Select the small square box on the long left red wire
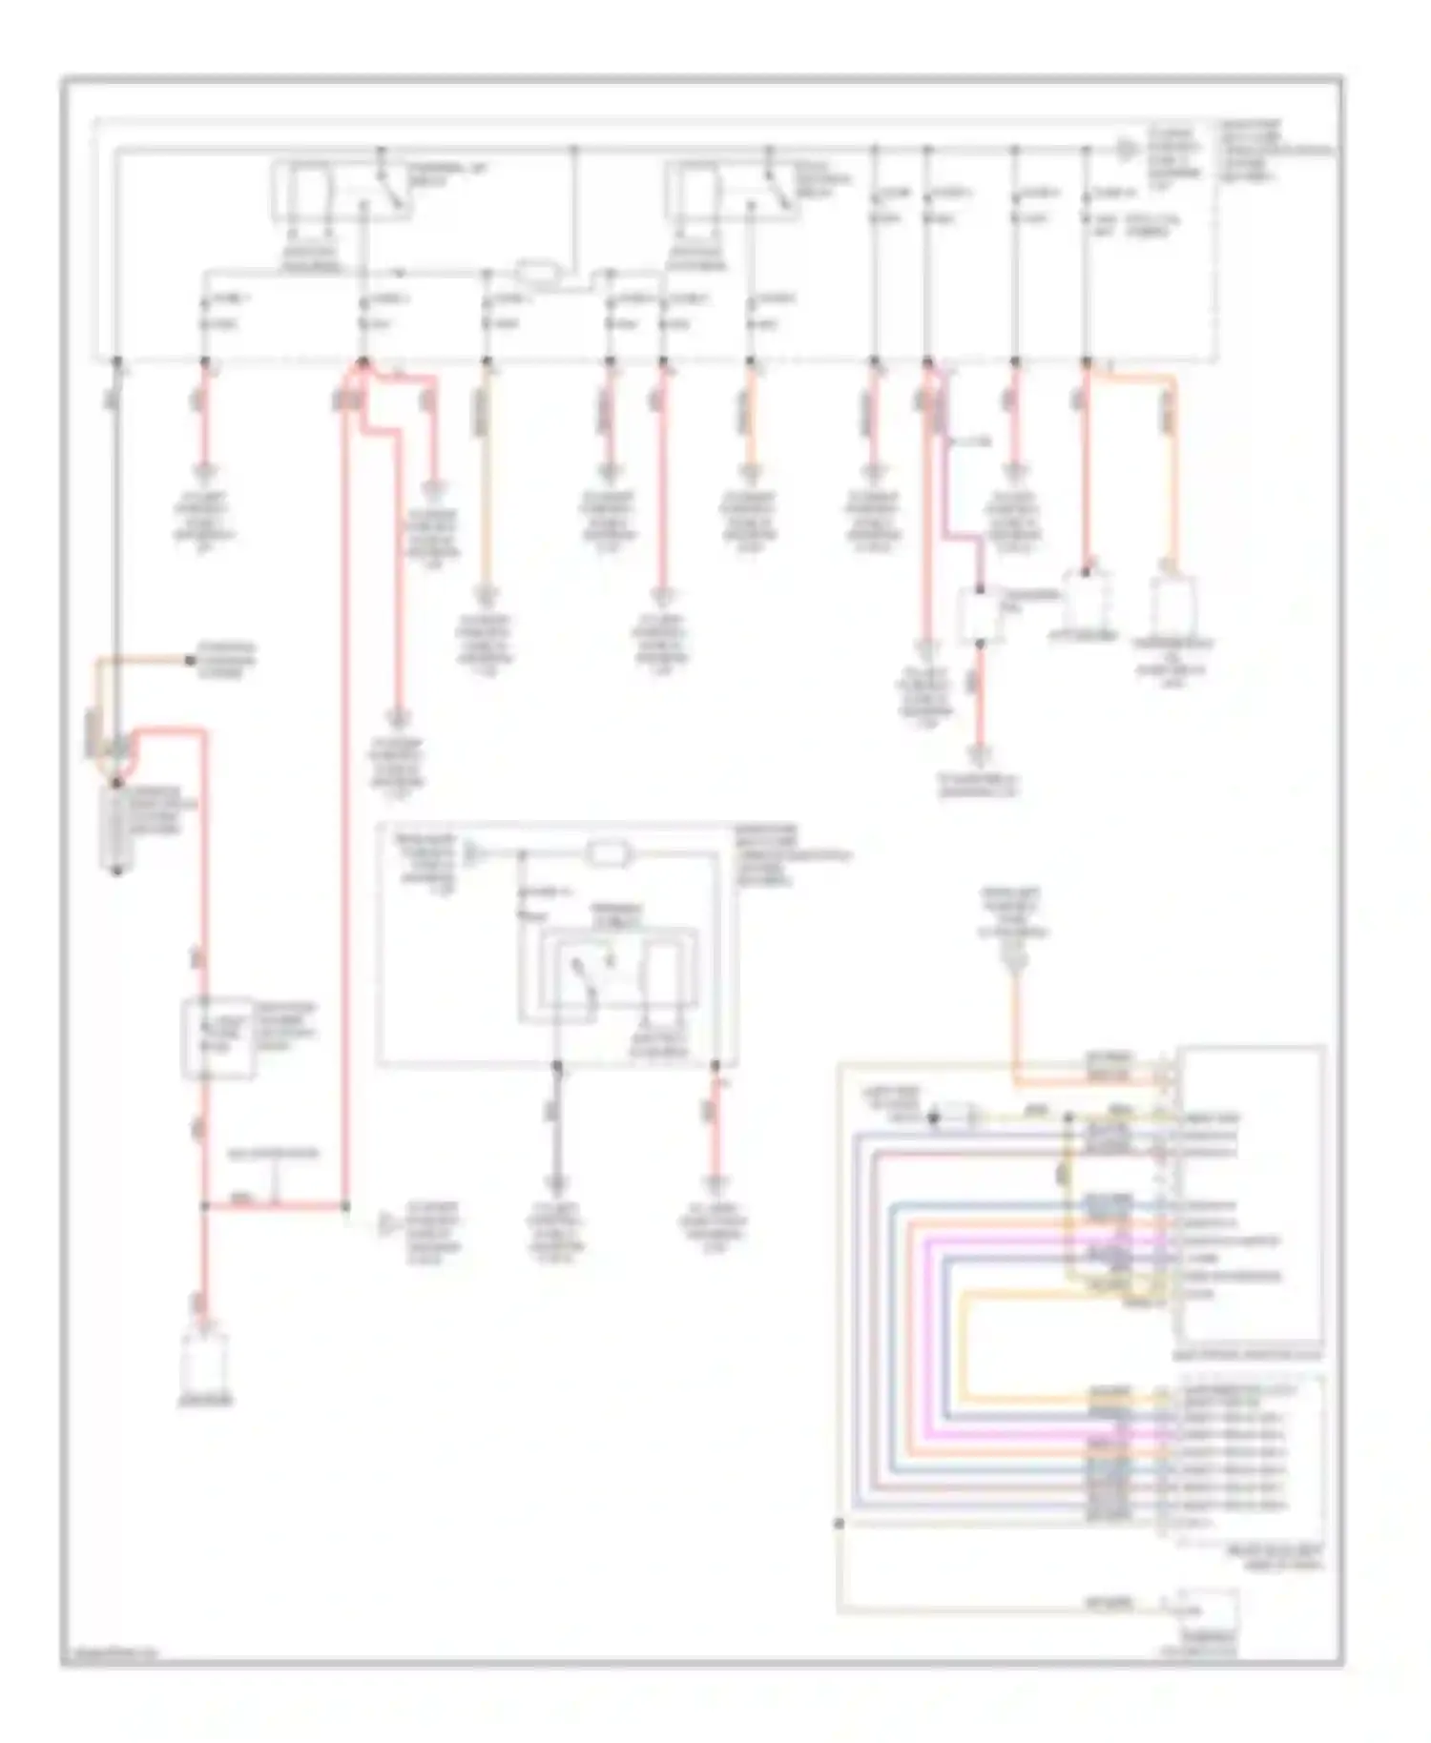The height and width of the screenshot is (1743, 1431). tap(218, 1039)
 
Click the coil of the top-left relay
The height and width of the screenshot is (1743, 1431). tap(309, 191)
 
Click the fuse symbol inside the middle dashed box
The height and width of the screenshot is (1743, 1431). tap(603, 853)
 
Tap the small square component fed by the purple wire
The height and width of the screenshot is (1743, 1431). tap(979, 615)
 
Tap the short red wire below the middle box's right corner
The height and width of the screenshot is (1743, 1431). tap(714, 1125)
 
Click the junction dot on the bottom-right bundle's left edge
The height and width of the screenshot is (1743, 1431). tap(839, 1524)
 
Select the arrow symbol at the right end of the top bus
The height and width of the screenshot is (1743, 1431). tap(1128, 151)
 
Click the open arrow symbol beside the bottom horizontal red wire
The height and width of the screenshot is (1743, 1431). tap(387, 1223)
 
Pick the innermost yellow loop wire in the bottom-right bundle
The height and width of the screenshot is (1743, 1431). tap(968, 1344)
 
